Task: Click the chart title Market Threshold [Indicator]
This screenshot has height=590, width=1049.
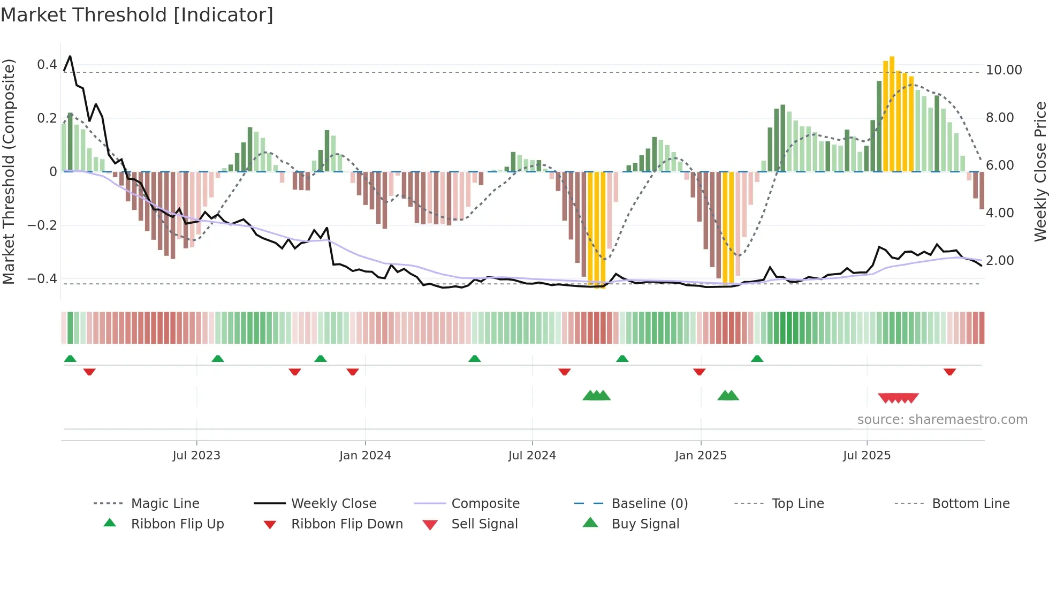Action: (x=137, y=15)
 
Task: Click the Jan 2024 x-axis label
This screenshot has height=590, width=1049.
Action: (x=365, y=455)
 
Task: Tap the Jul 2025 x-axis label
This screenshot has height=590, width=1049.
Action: (x=866, y=455)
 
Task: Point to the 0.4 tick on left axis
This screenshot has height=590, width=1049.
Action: (x=47, y=65)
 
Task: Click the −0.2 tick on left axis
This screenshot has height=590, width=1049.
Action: (x=42, y=225)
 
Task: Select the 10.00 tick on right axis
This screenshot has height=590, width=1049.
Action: (x=1004, y=70)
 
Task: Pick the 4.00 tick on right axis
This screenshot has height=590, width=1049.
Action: (x=1000, y=213)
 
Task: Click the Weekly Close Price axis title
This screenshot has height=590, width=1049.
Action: (x=1040, y=171)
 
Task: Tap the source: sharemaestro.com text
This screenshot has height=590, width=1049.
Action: (x=942, y=420)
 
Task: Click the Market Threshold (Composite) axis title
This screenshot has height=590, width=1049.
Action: (x=9, y=171)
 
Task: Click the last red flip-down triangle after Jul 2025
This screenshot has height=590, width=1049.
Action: (x=949, y=372)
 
